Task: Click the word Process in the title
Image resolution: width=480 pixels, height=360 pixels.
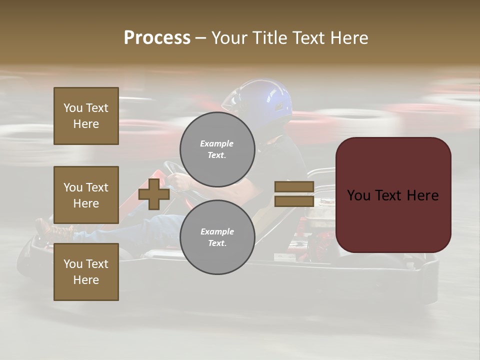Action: [x=157, y=38]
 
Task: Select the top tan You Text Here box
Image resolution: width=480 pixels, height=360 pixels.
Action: [x=86, y=116]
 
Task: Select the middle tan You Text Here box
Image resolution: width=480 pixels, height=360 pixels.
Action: [x=86, y=195]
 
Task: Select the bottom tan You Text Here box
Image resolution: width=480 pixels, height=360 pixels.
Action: [x=86, y=272]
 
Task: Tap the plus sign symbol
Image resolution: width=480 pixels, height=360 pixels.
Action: [x=154, y=194]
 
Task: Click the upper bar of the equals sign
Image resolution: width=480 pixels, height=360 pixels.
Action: [x=294, y=186]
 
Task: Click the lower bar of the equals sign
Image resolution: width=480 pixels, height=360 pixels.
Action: [x=294, y=201]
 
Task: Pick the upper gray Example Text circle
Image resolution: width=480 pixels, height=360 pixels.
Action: [x=217, y=149]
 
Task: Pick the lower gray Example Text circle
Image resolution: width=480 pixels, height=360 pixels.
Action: [x=217, y=237]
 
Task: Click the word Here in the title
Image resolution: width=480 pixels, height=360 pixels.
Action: [x=349, y=38]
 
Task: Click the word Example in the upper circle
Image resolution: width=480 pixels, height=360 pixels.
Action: [x=217, y=143]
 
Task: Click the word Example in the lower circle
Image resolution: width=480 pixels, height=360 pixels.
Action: [x=217, y=231]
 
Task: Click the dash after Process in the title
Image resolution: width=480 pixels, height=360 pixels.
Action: [x=200, y=38]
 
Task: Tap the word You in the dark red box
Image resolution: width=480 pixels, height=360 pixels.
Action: [x=358, y=195]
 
